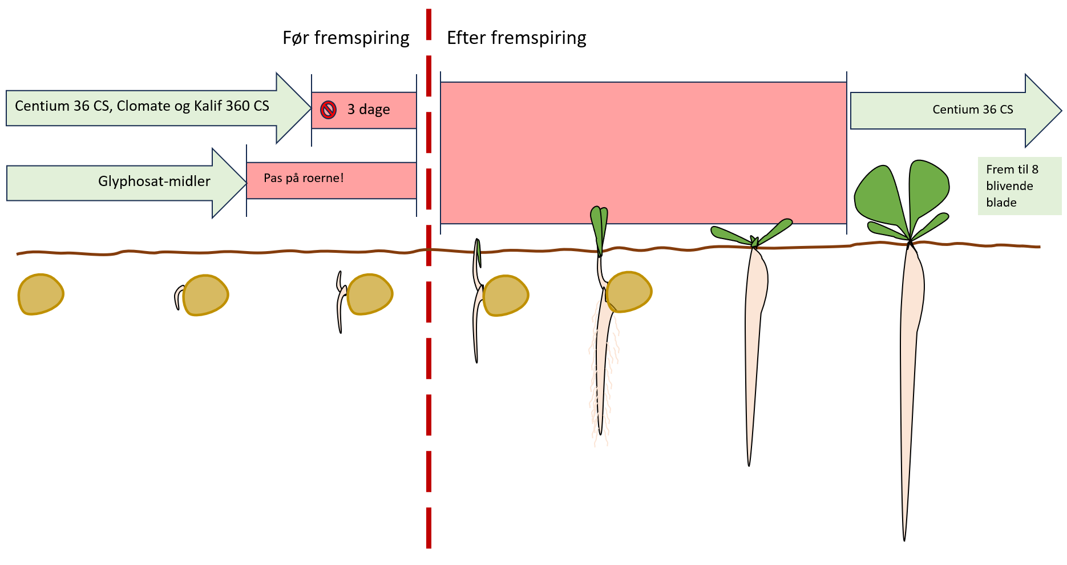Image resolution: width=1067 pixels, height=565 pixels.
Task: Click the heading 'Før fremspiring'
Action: click(346, 38)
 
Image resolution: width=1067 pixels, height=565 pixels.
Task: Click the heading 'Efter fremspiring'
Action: click(516, 38)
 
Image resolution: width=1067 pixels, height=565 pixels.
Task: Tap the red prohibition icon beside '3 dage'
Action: click(328, 110)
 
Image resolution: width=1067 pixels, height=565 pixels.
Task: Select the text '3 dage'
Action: click(369, 110)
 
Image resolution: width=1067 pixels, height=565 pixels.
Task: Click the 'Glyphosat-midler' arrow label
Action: click(154, 181)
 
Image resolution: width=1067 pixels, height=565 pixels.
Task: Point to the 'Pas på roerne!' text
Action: click(304, 178)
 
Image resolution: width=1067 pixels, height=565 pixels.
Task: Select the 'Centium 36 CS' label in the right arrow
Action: click(972, 110)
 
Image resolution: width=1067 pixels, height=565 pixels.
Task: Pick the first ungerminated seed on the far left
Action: click(41, 294)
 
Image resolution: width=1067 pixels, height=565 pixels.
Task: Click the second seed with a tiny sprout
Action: click(205, 295)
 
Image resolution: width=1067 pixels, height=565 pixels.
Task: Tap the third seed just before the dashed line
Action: click(370, 294)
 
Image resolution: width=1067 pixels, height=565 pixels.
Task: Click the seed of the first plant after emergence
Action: click(506, 296)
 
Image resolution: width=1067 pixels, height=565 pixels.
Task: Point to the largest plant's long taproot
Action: click(910, 371)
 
